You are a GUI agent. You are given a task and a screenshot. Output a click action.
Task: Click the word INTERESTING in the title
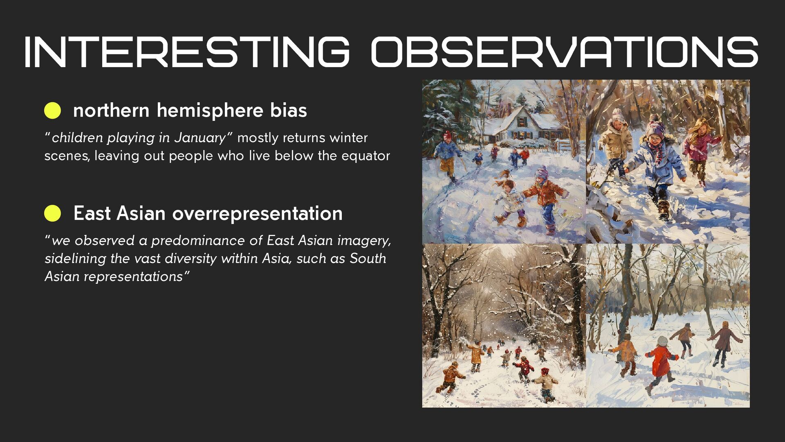pyautogui.click(x=187, y=52)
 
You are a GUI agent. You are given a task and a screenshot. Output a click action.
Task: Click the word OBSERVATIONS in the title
pyautogui.click(x=565, y=52)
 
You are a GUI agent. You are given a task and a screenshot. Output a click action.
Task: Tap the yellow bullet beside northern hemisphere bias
pyautogui.click(x=52, y=110)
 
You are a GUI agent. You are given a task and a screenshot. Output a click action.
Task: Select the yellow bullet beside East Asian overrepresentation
pyautogui.click(x=52, y=213)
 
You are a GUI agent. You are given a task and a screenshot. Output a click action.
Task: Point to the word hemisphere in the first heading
pyautogui.click(x=210, y=110)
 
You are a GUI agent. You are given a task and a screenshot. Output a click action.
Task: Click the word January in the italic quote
pyautogui.click(x=200, y=138)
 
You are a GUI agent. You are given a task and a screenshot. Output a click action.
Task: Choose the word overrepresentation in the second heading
pyautogui.click(x=257, y=214)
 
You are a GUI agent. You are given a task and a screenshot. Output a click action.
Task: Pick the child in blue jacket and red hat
pyautogui.click(x=448, y=156)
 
